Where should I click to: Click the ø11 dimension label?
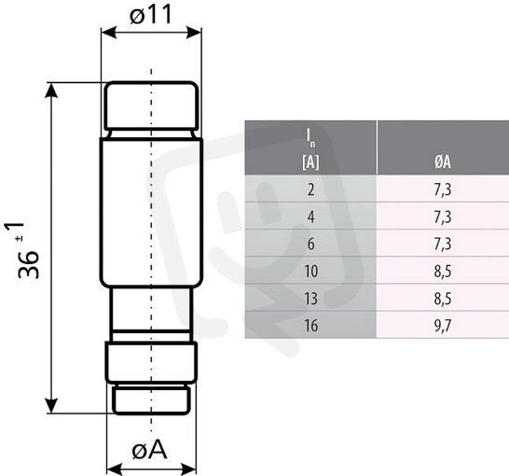[x=151, y=15]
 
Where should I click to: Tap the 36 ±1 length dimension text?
[x=21, y=250]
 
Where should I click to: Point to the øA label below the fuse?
[x=150, y=450]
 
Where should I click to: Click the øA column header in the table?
[x=443, y=161]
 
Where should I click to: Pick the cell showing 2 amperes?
[x=310, y=189]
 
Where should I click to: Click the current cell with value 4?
[x=310, y=217]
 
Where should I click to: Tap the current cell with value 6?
[x=310, y=244]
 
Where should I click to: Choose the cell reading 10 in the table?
[x=310, y=271]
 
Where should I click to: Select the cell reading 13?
[x=310, y=299]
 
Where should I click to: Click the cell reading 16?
[x=310, y=325]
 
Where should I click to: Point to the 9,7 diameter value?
[x=443, y=325]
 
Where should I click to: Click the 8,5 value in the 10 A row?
[x=443, y=271]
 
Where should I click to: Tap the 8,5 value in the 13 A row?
[x=443, y=299]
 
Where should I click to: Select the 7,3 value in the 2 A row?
[x=443, y=189]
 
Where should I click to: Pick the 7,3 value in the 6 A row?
[x=443, y=244]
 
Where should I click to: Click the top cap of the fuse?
[x=151, y=105]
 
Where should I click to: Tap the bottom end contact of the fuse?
[x=151, y=399]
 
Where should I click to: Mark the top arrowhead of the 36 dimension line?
[x=51, y=90]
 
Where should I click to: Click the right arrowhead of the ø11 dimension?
[x=194, y=33]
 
